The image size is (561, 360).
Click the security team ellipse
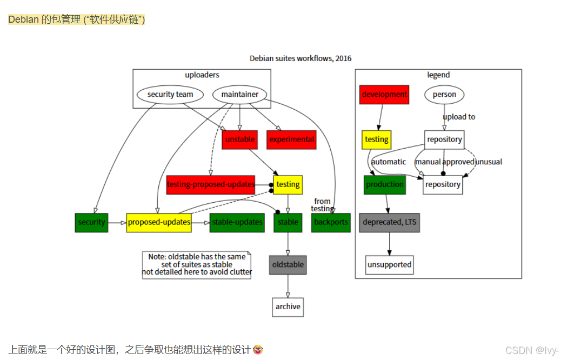click(x=170, y=95)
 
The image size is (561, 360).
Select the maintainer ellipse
click(x=239, y=95)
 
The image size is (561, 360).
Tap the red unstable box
click(x=239, y=139)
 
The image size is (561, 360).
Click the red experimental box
click(x=291, y=139)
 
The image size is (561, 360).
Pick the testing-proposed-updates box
click(x=211, y=184)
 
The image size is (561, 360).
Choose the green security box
click(x=91, y=222)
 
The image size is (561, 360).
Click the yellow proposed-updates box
click(x=159, y=222)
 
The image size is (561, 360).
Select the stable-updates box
click(x=237, y=222)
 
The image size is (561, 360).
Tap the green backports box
click(x=331, y=222)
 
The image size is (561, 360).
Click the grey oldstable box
click(x=288, y=265)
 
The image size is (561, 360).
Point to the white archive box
click(x=288, y=307)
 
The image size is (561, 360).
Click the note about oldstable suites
click(x=197, y=265)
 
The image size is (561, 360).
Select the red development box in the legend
click(x=384, y=95)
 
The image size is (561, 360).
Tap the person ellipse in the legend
click(x=444, y=95)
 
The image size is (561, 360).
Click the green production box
click(x=385, y=184)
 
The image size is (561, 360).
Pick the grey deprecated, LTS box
click(x=389, y=222)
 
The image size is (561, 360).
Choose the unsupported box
click(x=389, y=265)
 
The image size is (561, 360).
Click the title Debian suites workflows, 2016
click(x=300, y=58)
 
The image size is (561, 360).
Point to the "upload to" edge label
click(x=459, y=117)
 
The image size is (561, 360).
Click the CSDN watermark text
click(x=532, y=350)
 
